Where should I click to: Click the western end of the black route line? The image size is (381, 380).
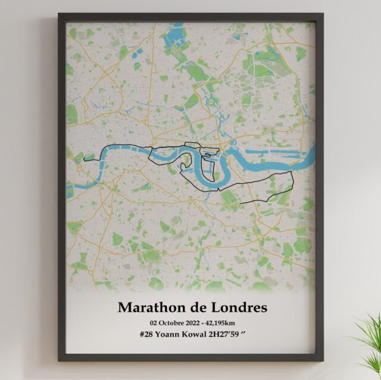click(x=85, y=159)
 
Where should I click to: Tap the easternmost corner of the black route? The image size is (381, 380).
click(x=293, y=172)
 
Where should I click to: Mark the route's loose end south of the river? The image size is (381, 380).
click(x=241, y=204)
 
